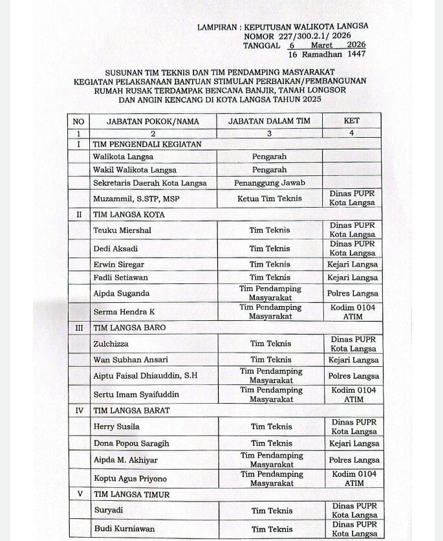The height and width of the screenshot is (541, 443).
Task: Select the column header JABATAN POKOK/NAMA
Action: coord(153,121)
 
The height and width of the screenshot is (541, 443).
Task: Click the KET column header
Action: coord(352,120)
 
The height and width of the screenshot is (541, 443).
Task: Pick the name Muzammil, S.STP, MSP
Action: coord(136,198)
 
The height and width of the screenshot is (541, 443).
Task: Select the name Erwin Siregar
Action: coord(119,264)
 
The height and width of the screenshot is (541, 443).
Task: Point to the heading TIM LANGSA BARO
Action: coord(129,327)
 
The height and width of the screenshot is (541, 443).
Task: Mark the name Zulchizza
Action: coord(113,344)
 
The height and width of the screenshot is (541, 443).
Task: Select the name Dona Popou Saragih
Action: coord(131,443)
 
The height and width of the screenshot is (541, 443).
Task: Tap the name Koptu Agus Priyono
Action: coord(130,478)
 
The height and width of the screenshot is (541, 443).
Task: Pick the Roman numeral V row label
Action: coord(79,494)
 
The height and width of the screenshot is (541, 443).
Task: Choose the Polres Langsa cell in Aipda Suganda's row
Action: coord(353,293)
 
